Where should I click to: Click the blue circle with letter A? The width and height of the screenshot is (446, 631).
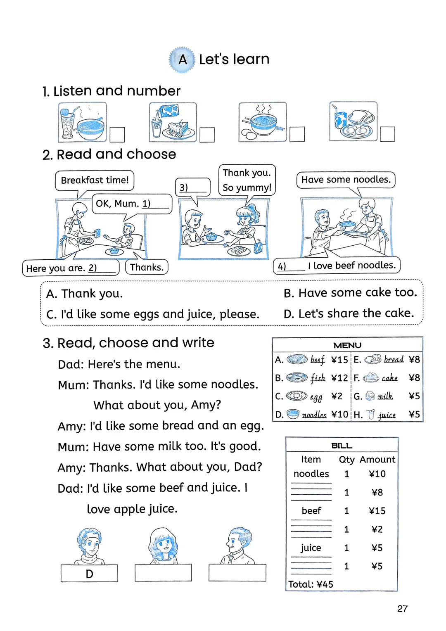(x=182, y=59)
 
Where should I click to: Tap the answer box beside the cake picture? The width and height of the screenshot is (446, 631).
(x=207, y=135)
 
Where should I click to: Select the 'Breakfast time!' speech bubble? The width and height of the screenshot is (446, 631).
(x=95, y=180)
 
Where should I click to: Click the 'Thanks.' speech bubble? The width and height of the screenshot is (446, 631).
(x=147, y=268)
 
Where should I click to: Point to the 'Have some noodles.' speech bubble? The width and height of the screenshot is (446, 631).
(x=346, y=180)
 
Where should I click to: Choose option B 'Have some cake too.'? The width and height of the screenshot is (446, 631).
(x=350, y=293)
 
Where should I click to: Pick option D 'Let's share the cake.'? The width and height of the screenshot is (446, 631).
(x=349, y=313)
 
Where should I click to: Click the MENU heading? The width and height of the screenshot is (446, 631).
(x=347, y=345)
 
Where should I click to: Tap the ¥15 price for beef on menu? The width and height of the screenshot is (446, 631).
(x=339, y=360)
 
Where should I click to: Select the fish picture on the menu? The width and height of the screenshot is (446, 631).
(x=297, y=377)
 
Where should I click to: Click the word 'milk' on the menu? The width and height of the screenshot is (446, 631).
(x=385, y=396)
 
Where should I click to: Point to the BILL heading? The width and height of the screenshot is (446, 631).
(x=342, y=446)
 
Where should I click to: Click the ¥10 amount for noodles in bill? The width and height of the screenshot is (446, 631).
(x=377, y=474)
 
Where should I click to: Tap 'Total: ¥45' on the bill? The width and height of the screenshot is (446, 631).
(x=311, y=584)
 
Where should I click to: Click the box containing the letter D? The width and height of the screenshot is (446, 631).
(x=89, y=574)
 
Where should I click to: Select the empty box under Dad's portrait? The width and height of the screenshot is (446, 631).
(x=237, y=573)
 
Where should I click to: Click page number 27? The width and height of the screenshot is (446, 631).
(x=402, y=609)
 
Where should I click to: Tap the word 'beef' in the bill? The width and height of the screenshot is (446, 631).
(x=311, y=511)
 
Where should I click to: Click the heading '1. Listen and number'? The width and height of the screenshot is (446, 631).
(x=111, y=91)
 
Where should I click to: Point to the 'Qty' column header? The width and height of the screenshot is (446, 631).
(x=346, y=460)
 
